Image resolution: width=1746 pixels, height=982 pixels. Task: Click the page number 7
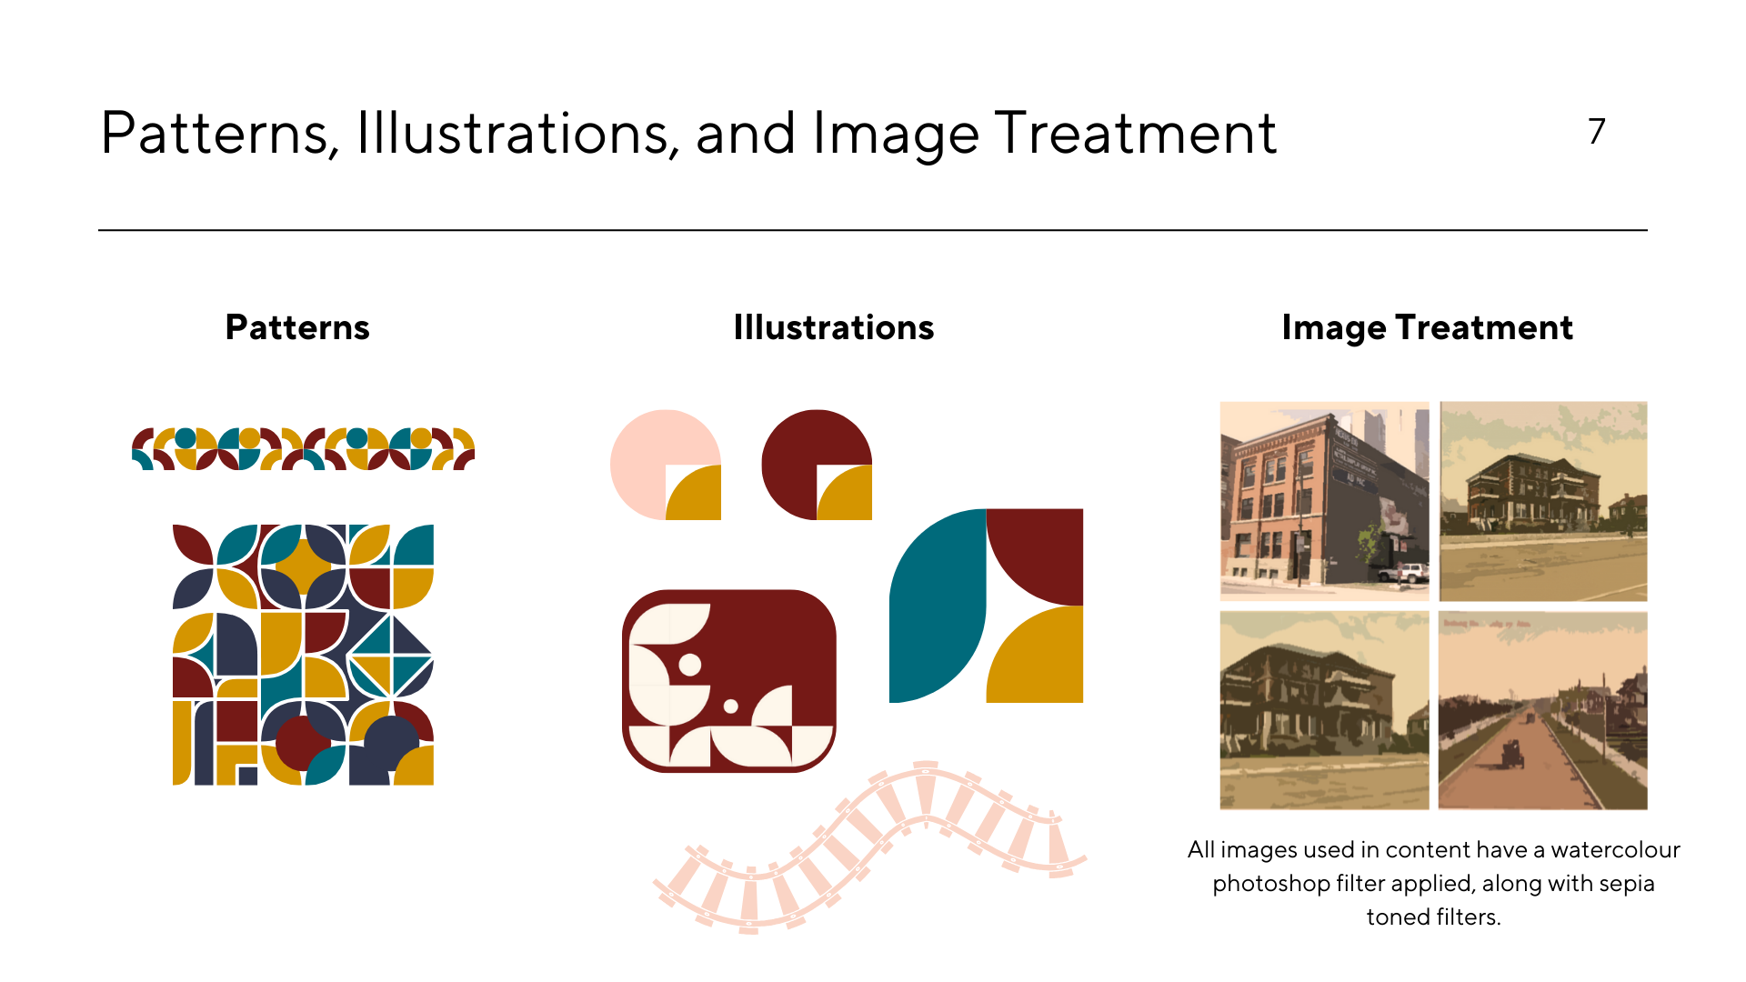click(1597, 132)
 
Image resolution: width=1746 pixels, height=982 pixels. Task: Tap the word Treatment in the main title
click(1136, 134)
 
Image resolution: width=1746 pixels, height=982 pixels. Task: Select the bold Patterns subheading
click(297, 327)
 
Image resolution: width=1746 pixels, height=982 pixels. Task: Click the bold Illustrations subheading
click(834, 327)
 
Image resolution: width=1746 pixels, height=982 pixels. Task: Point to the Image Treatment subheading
click(1428, 328)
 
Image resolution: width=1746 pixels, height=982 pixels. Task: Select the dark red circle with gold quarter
click(817, 465)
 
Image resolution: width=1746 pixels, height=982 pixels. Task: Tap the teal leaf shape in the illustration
click(937, 606)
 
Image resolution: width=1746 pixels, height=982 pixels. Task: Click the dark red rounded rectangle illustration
click(729, 681)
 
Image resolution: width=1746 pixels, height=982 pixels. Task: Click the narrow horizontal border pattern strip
click(304, 448)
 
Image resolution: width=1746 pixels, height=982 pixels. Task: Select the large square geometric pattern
click(303, 655)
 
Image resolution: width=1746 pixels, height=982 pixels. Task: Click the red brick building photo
click(1324, 501)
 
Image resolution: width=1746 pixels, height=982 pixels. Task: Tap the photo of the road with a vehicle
click(1543, 710)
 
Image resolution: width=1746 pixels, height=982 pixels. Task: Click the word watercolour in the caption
click(1615, 850)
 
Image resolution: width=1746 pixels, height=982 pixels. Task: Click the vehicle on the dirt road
click(1512, 754)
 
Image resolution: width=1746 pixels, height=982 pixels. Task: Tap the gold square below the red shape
click(1035, 655)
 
